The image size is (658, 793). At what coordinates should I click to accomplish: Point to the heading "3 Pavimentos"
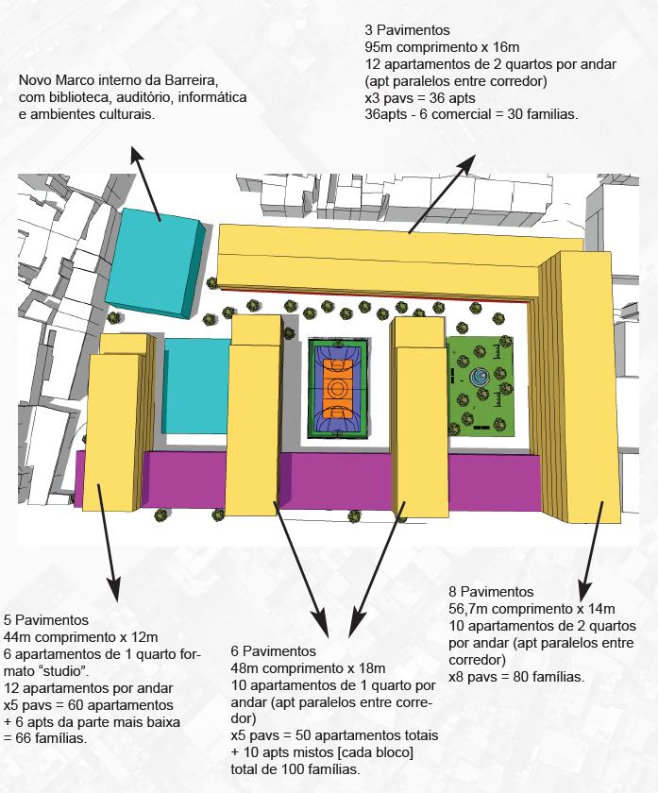(400, 30)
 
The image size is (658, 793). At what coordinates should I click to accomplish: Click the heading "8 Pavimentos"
(491, 592)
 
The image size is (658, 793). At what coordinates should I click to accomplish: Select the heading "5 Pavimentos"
(46, 620)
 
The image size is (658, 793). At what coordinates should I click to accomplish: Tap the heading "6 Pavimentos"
(273, 651)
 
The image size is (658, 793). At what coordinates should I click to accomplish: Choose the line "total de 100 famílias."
(295, 769)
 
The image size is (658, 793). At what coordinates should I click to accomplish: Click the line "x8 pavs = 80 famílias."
(516, 677)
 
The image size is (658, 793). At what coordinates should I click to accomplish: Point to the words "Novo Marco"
(55, 80)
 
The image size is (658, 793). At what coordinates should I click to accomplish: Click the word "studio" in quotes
(53, 671)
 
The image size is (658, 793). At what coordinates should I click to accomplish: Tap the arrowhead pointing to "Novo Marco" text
(135, 154)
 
